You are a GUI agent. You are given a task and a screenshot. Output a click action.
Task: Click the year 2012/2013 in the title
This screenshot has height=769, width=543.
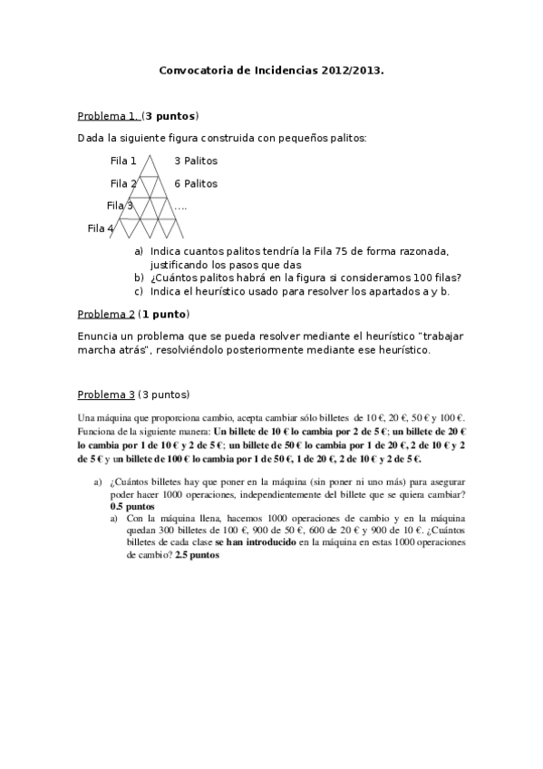pyautogui.click(x=350, y=69)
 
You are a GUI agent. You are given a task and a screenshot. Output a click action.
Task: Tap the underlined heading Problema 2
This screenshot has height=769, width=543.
pyautogui.click(x=106, y=314)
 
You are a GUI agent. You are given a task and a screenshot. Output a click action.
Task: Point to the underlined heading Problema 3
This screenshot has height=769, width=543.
pyautogui.click(x=106, y=394)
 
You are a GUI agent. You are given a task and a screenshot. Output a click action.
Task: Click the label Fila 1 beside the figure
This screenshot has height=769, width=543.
pyautogui.click(x=123, y=161)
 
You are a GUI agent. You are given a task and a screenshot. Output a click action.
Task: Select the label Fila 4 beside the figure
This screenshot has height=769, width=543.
pyautogui.click(x=101, y=229)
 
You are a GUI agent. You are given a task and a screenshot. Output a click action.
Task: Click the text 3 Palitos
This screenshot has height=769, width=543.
pyautogui.click(x=196, y=161)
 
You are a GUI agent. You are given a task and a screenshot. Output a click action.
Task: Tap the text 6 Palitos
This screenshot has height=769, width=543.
pyautogui.click(x=196, y=184)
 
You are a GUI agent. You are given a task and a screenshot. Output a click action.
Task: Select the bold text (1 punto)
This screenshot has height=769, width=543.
pyautogui.click(x=163, y=314)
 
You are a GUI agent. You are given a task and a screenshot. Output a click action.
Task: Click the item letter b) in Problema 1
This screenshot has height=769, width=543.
pyautogui.click(x=139, y=277)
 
